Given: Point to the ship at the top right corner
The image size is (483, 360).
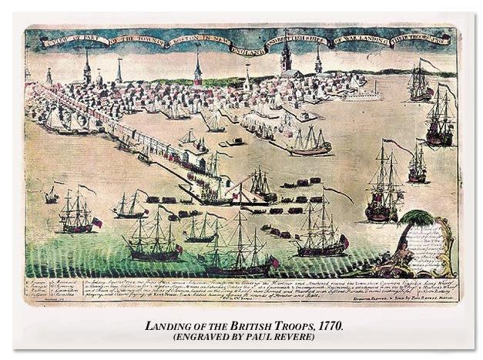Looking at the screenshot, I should click(421, 82).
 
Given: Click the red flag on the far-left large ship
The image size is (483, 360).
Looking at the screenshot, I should click(97, 222).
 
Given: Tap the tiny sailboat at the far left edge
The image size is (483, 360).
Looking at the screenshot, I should click(50, 195).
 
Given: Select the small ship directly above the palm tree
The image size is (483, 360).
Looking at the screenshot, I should click(417, 166).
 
